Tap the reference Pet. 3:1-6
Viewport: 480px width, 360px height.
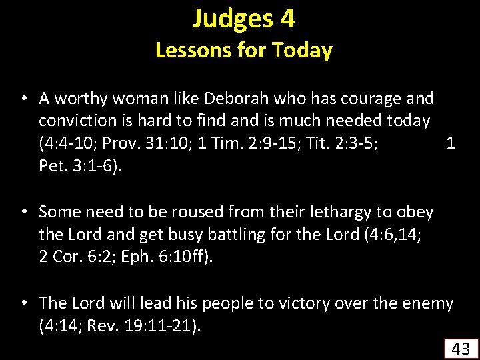[80, 165]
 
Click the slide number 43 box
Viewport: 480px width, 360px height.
[461, 347]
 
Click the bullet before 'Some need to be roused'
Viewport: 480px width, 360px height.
[23, 212]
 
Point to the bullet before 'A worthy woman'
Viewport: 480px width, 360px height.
[23, 99]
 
